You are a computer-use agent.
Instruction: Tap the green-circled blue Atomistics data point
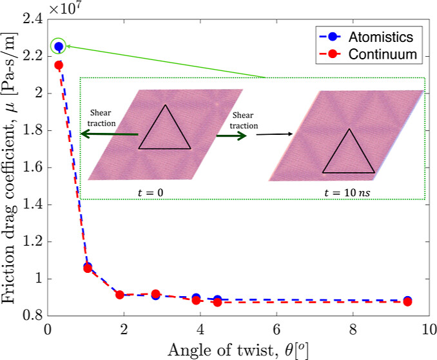tap(58, 46)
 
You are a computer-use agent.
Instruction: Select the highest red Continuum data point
tap(58, 65)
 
